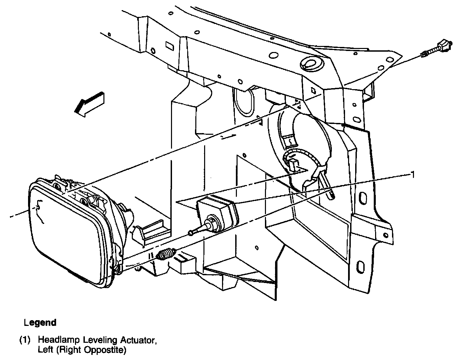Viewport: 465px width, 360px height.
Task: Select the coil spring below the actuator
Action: pyautogui.click(x=167, y=254)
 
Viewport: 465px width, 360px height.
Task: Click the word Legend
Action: pyautogui.click(x=40, y=323)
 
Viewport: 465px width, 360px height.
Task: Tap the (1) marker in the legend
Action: pyautogui.click(x=25, y=340)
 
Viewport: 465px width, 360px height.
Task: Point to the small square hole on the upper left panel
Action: pyautogui.click(x=169, y=46)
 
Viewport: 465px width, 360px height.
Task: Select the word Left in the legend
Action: pyautogui.click(x=46, y=350)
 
